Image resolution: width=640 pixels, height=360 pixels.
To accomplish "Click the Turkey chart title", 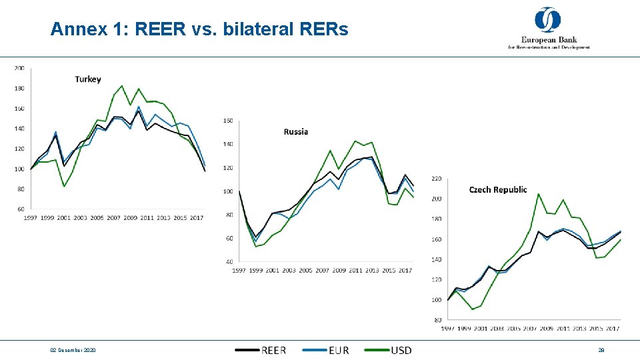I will click(88, 79).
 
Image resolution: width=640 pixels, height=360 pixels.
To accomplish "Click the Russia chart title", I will click(296, 131).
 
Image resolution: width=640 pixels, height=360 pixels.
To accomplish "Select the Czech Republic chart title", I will click(498, 190).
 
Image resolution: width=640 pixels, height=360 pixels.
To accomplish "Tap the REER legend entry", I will click(273, 350).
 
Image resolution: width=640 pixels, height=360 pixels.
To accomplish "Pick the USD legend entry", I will click(401, 350).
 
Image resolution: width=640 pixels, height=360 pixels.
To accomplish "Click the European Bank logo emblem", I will click(548, 20).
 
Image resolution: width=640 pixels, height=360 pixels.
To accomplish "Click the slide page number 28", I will click(601, 351).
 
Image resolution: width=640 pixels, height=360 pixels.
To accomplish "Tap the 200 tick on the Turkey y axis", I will click(19, 68).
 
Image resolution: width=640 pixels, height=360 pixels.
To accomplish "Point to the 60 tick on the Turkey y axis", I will click(21, 209).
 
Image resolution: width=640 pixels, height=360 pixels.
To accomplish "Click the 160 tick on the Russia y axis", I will click(228, 121).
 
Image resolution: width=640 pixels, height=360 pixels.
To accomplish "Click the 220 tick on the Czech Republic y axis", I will click(437, 179).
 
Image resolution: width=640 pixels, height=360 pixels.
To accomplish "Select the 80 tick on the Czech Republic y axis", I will click(438, 320).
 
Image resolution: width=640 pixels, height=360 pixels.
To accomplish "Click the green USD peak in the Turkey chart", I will click(122, 85).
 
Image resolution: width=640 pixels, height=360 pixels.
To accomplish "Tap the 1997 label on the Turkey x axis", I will click(31, 217).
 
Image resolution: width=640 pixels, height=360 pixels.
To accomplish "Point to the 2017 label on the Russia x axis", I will click(405, 270).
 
